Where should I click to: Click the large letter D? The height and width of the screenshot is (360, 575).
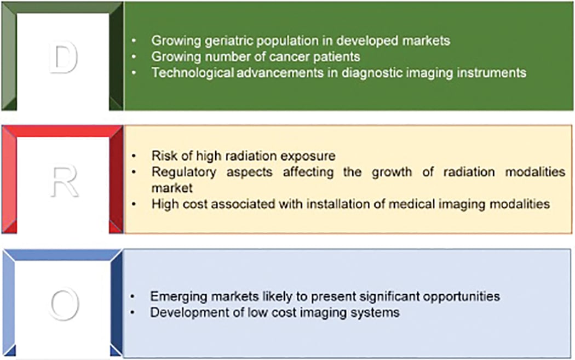tap(64, 57)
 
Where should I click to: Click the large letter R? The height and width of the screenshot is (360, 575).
tap(64, 181)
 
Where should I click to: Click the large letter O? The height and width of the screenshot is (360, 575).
tap(65, 304)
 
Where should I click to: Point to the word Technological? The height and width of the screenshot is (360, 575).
tap(192, 73)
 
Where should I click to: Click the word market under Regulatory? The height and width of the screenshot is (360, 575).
tap(171, 188)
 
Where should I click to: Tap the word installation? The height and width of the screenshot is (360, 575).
tap(330, 204)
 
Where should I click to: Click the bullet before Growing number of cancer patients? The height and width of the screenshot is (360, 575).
tap(134, 56)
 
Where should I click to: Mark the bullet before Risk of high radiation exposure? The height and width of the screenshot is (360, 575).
tap(134, 156)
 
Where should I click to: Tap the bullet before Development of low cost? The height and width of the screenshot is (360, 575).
tap(133, 313)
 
